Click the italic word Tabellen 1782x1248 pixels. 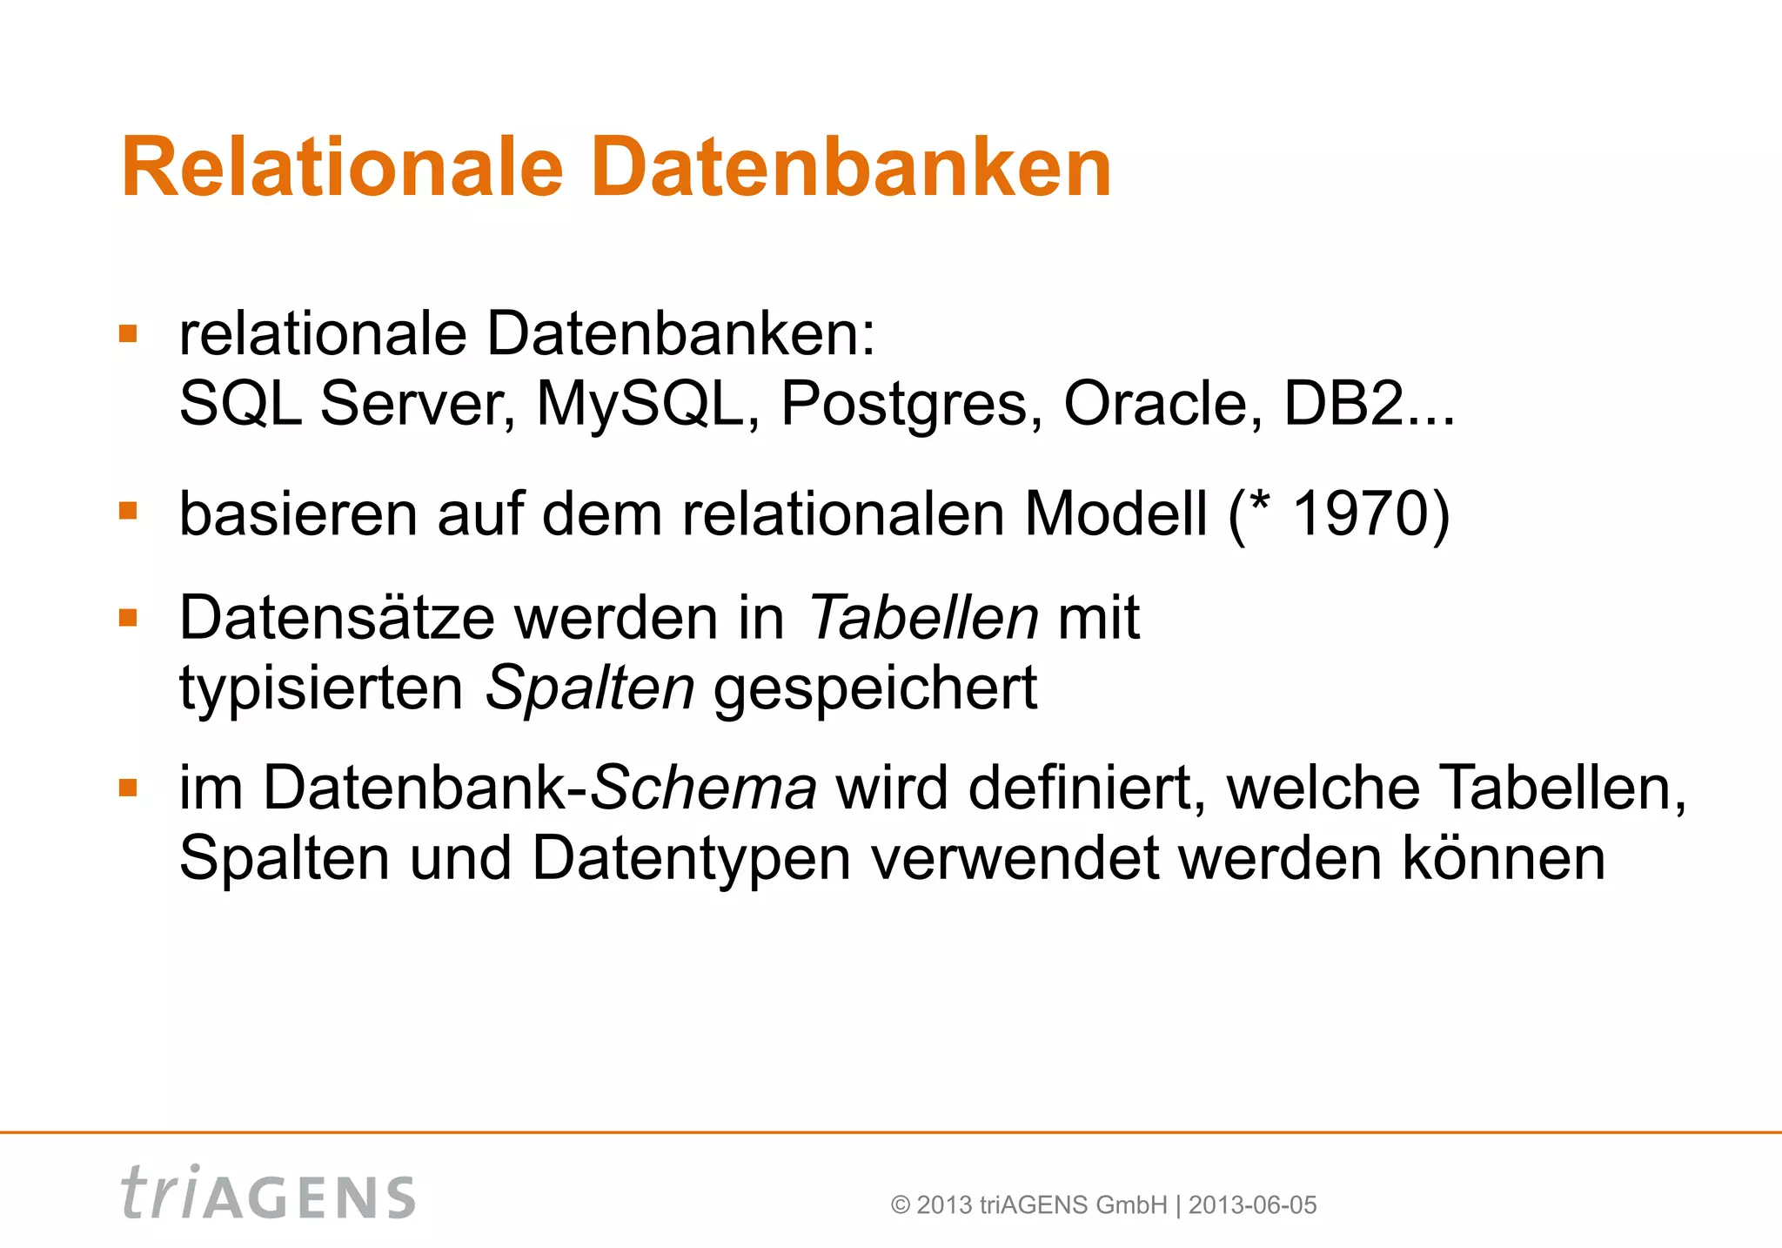(x=923, y=618)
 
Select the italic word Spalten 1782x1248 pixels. (x=589, y=688)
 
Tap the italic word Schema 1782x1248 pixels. (x=703, y=788)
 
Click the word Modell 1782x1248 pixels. (x=1116, y=514)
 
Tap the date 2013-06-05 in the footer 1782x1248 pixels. (x=1252, y=1205)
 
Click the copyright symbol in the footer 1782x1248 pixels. (x=901, y=1205)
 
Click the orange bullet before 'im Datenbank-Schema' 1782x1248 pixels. (x=129, y=788)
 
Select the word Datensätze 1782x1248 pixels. (x=338, y=618)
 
